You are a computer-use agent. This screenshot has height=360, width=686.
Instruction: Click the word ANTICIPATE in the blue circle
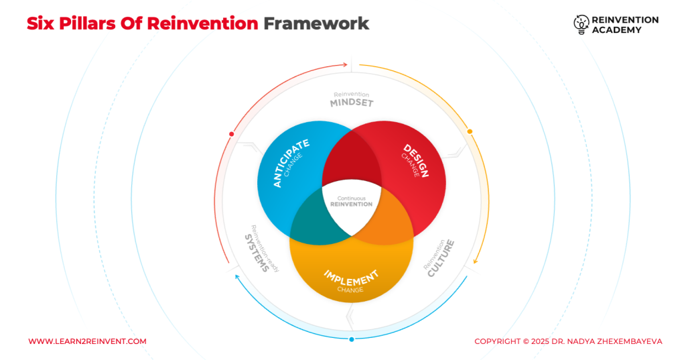(x=291, y=163)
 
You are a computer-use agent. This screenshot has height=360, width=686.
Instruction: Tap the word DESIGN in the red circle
(x=415, y=160)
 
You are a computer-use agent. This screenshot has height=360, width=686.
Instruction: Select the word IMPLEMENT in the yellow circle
(x=351, y=278)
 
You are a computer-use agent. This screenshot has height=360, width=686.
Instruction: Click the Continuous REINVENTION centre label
(x=351, y=202)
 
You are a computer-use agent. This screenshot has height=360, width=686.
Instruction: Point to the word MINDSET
(x=352, y=103)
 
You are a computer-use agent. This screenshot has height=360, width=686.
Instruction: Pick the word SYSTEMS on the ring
(x=257, y=253)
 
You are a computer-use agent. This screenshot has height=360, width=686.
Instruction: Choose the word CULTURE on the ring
(x=441, y=258)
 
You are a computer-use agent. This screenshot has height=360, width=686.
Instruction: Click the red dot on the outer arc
(x=231, y=134)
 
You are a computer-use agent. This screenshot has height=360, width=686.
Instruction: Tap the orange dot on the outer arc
(x=470, y=131)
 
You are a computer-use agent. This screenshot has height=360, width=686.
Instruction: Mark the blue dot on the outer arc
(x=351, y=339)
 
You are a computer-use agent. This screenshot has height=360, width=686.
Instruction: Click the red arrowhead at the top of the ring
(x=346, y=65)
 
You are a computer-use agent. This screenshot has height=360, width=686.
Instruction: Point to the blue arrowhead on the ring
(x=236, y=277)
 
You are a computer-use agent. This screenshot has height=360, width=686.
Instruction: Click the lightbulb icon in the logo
(x=581, y=25)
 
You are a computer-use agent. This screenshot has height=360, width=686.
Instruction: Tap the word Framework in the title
(x=316, y=23)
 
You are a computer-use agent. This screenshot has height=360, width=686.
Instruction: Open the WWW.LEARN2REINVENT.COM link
(x=88, y=341)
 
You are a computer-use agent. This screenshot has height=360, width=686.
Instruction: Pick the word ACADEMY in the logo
(x=617, y=29)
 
